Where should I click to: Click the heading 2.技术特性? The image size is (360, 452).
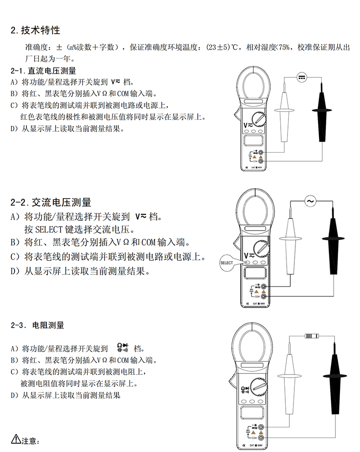(x=35, y=31)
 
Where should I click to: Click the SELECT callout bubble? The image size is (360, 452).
(x=226, y=262)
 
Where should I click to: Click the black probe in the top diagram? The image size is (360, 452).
(x=323, y=116)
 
